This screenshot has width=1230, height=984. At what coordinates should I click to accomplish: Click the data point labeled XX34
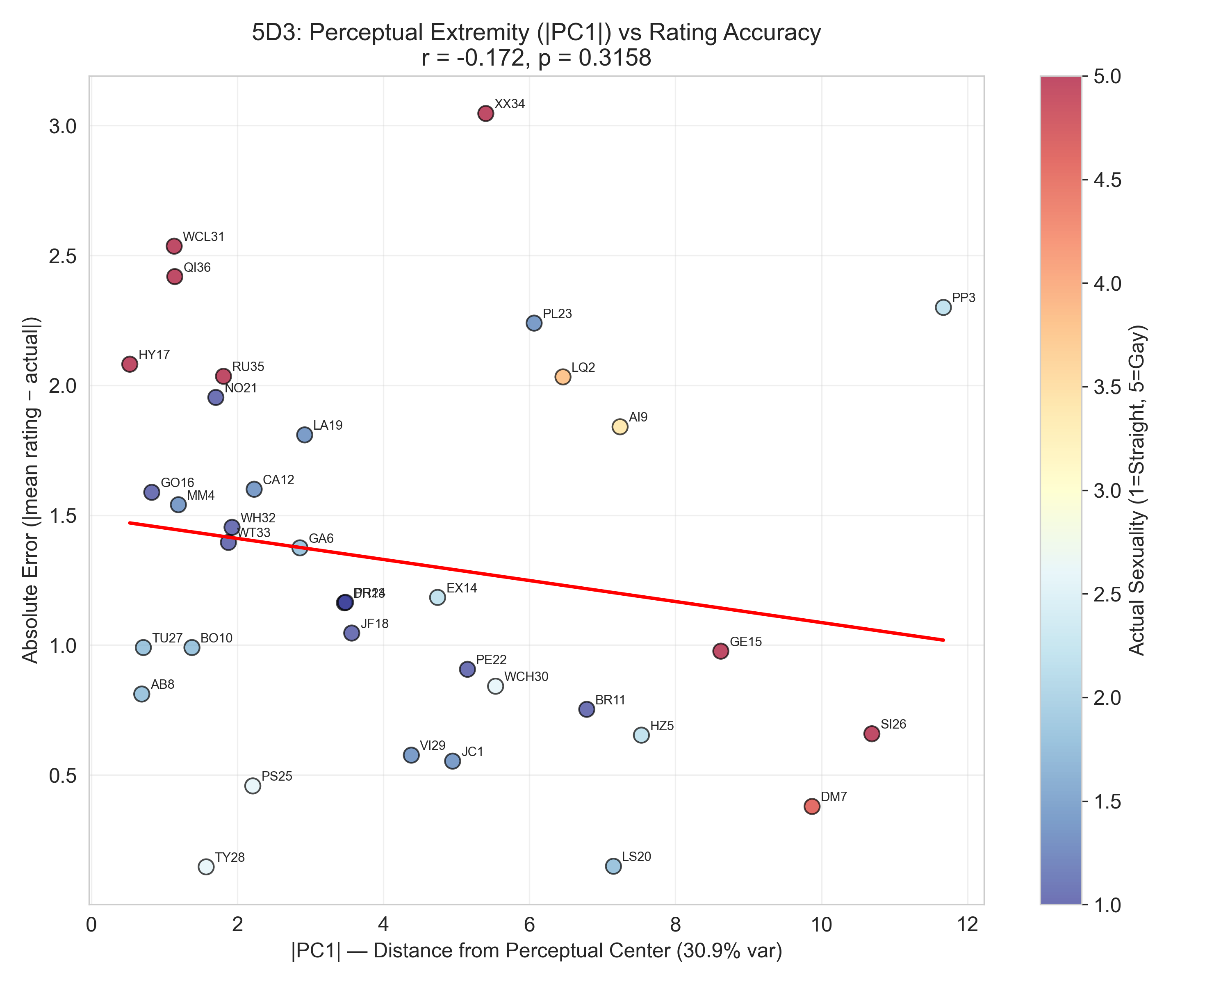[x=485, y=114]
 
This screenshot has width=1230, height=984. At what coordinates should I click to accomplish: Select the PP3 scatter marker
[x=943, y=307]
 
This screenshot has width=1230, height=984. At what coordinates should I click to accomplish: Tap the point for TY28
[x=206, y=866]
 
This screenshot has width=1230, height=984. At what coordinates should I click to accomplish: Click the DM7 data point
[x=812, y=806]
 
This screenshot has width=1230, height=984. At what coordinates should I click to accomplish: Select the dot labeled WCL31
[x=174, y=246]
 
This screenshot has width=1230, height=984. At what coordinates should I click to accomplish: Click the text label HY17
[x=154, y=355]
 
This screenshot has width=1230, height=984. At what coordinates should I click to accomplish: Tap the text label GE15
[x=746, y=642]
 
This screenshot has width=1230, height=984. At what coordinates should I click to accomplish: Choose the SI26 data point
[x=872, y=733]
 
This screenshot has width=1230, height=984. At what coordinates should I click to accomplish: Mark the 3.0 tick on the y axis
[x=63, y=126]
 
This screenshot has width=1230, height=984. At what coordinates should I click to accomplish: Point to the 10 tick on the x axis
[x=822, y=925]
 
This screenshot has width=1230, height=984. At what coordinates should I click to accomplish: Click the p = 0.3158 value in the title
[x=594, y=58]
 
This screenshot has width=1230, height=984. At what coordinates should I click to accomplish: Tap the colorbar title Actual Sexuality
[x=1137, y=491]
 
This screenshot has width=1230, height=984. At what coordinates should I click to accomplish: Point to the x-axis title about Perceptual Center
[x=536, y=951]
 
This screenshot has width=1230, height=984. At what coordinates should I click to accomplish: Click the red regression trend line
[x=536, y=581]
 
